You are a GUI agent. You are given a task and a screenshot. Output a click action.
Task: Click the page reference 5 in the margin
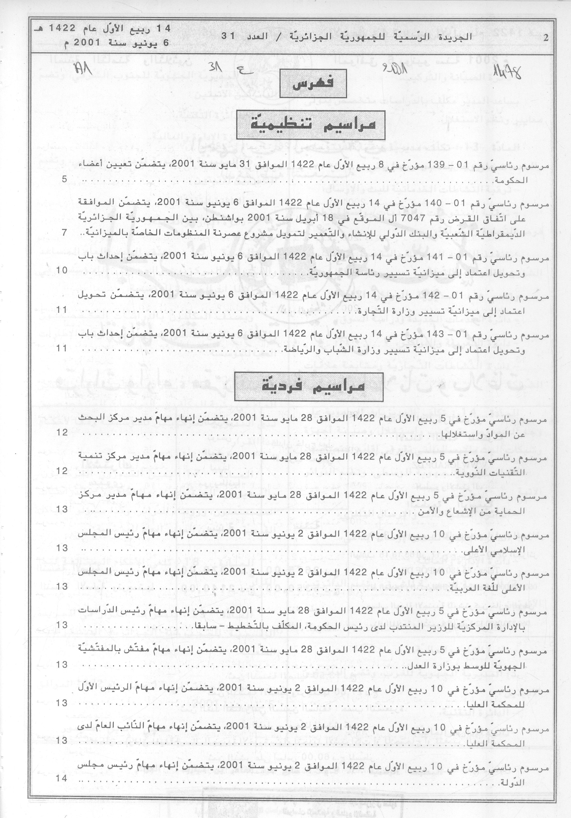(64, 180)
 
